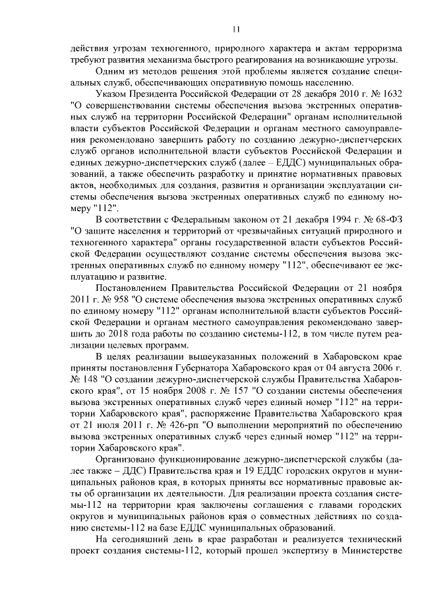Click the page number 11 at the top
click(236, 28)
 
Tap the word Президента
click(155, 93)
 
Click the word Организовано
click(128, 439)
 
